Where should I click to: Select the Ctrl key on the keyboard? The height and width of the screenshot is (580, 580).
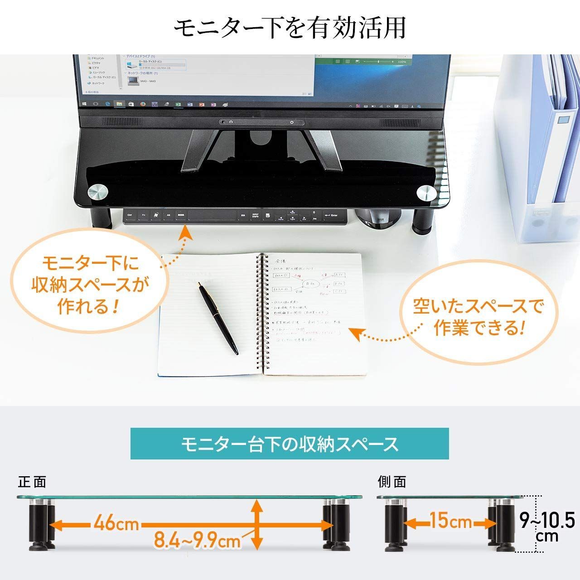coord(130,215)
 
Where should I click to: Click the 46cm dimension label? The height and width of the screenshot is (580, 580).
coord(116,524)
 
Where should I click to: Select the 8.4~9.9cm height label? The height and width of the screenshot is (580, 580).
coord(197,540)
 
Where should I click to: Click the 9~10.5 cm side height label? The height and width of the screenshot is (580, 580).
coord(547,526)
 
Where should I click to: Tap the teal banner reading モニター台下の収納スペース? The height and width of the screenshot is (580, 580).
coord(290,444)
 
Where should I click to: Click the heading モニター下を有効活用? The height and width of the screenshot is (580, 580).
coord(290,28)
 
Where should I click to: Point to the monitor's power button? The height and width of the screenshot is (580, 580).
coord(291,122)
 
